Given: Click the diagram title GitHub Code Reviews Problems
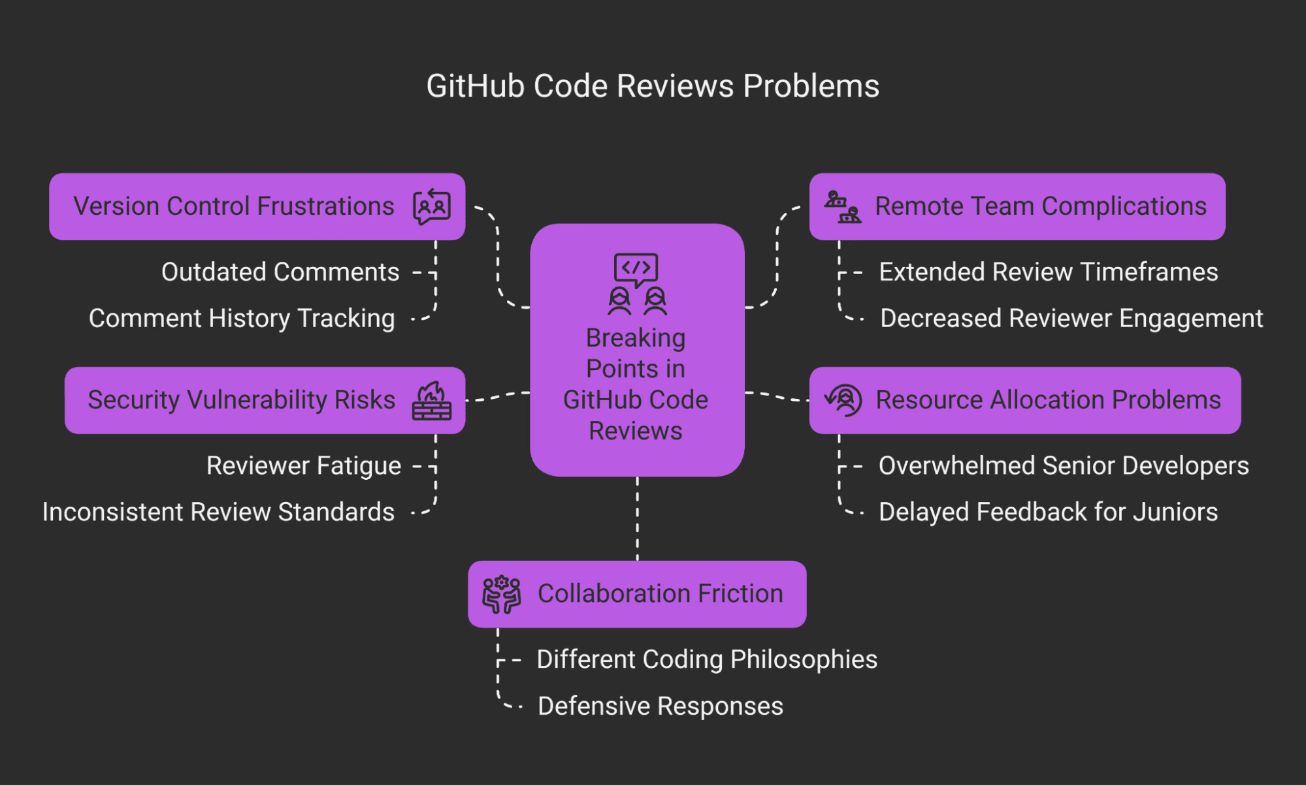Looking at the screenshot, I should [652, 86].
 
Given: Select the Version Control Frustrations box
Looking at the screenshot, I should [257, 206].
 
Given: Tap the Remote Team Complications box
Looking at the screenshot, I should [1017, 206].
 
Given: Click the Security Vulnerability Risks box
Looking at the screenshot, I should [265, 400].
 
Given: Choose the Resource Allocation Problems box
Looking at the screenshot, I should [1024, 400].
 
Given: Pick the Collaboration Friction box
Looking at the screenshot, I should [637, 594].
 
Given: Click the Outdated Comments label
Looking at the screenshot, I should [280, 272].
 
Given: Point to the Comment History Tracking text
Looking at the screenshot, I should [242, 319].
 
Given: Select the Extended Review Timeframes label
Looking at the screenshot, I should [1048, 272].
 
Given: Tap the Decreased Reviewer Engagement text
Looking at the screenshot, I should [1071, 319].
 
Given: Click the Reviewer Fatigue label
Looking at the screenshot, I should [303, 466].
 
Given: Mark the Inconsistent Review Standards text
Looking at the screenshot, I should [218, 512].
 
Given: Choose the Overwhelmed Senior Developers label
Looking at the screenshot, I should [1063, 466].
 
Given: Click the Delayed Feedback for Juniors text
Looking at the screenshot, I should [1048, 512].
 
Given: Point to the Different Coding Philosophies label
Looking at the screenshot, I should [706, 660].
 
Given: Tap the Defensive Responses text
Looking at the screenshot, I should [660, 706].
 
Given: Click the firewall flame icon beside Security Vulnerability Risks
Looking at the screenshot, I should [432, 401].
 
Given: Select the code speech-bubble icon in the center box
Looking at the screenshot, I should [636, 269].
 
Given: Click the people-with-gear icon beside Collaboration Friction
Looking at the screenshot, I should [501, 594].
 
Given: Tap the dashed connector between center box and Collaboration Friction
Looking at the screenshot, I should [638, 519].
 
